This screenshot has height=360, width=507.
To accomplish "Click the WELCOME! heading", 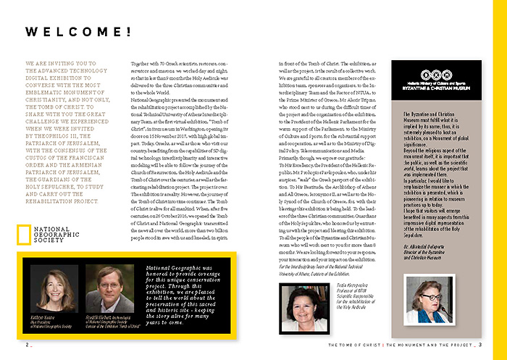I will [79, 32].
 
